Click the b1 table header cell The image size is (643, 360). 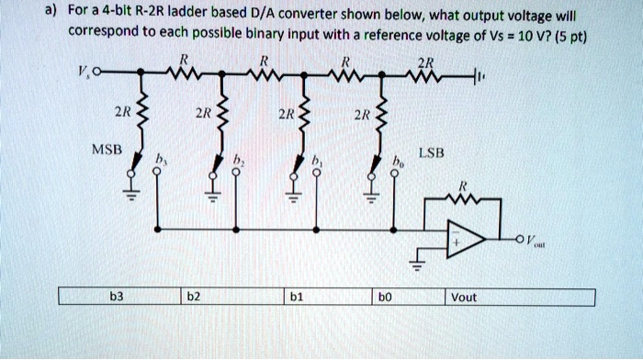[x=294, y=297]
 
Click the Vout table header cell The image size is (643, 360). [x=465, y=297]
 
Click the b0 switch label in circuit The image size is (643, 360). [x=397, y=160]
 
